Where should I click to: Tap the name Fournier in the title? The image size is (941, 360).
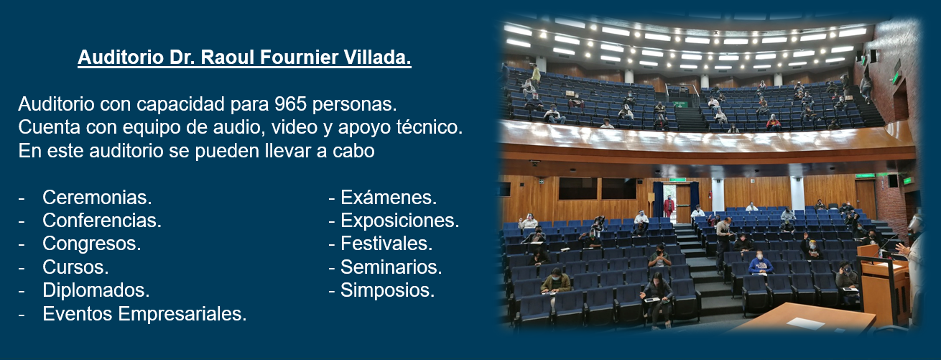[x=299, y=57]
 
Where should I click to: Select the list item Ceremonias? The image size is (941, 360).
[x=97, y=197]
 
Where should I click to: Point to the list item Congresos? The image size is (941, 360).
[x=91, y=244]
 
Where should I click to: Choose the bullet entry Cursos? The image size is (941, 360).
[x=75, y=267]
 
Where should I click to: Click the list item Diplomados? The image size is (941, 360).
[x=96, y=290]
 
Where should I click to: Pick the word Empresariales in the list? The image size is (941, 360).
[x=182, y=314]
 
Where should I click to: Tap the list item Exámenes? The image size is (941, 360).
[x=389, y=197]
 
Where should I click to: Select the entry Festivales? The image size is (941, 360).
[x=386, y=244]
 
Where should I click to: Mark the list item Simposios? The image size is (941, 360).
[x=387, y=290]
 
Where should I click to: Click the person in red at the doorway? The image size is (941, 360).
[x=669, y=207]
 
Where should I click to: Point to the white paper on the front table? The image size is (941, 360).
[x=805, y=323]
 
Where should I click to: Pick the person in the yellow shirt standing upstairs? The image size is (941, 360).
[x=536, y=75]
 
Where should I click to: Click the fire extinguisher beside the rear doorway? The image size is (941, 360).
[x=710, y=195]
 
